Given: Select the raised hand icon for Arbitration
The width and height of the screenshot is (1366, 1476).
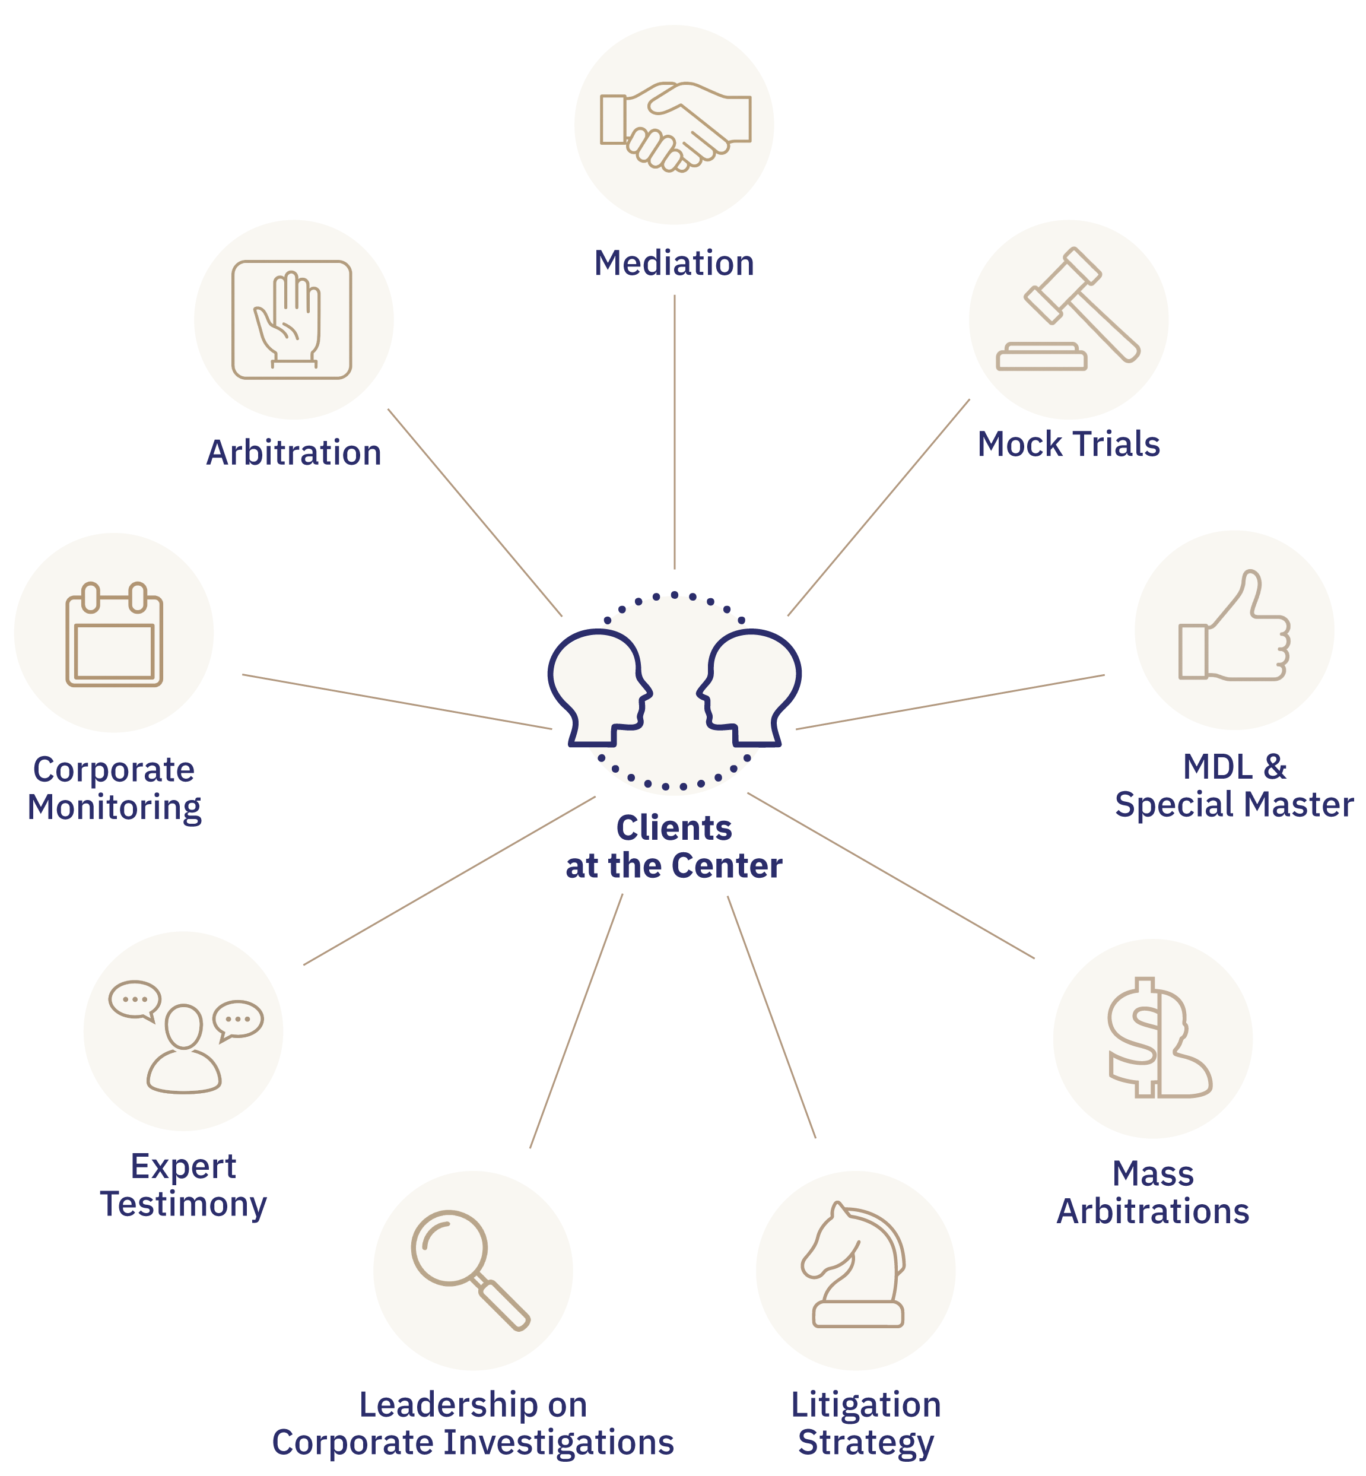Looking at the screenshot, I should pyautogui.click(x=291, y=320).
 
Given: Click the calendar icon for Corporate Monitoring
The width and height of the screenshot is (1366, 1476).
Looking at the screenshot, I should pyautogui.click(x=114, y=635).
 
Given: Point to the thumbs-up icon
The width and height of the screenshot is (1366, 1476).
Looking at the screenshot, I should pyautogui.click(x=1234, y=629).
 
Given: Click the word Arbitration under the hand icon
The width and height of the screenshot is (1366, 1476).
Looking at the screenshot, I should pyautogui.click(x=294, y=453).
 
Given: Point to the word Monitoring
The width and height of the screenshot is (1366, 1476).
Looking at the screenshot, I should pyautogui.click(x=115, y=807).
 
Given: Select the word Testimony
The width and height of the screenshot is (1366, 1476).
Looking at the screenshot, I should pyautogui.click(x=183, y=1204).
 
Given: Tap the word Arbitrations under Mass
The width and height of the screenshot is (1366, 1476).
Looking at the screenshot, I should pyautogui.click(x=1153, y=1211).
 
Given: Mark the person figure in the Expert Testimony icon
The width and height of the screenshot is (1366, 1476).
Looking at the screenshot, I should pyautogui.click(x=183, y=1049).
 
